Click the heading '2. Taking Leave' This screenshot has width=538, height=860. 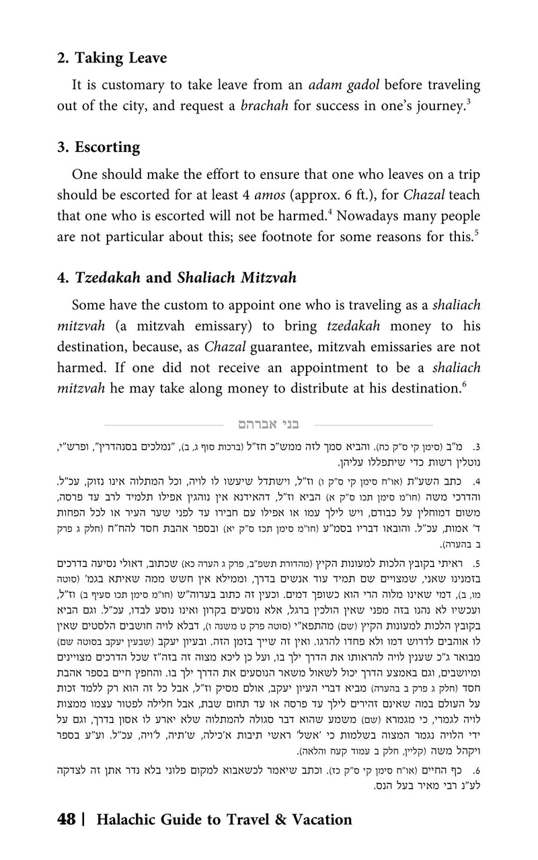112,58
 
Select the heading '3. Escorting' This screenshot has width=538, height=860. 98,147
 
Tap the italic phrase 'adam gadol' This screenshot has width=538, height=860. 340,85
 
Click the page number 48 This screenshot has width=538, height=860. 67,819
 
